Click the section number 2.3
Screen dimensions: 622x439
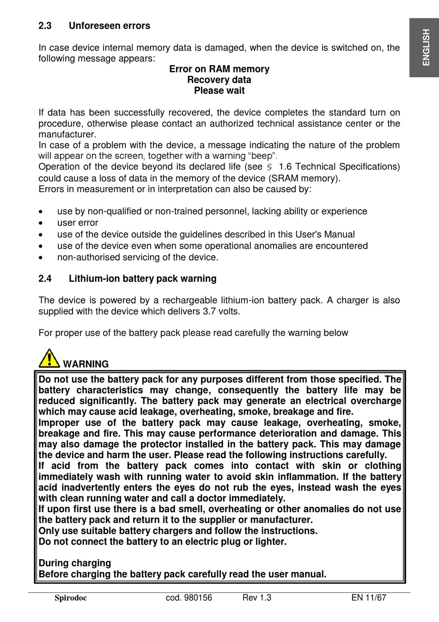click(45, 26)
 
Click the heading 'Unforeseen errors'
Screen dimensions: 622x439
click(110, 26)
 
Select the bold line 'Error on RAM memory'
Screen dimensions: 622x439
click(219, 69)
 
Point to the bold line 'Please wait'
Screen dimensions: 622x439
click(219, 91)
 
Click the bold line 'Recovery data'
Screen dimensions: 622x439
click(219, 80)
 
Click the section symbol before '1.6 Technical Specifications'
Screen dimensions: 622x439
click(270, 167)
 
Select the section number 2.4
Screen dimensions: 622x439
click(45, 279)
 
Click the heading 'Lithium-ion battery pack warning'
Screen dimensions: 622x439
click(142, 279)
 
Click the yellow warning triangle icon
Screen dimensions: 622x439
click(49, 358)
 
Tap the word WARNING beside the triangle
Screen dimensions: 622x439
click(86, 364)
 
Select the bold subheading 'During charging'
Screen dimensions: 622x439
click(75, 563)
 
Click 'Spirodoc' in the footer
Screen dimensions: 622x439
click(71, 598)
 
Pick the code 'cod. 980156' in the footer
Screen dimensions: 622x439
click(189, 598)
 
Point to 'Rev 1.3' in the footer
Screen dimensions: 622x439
click(257, 598)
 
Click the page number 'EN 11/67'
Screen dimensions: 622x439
click(368, 598)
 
